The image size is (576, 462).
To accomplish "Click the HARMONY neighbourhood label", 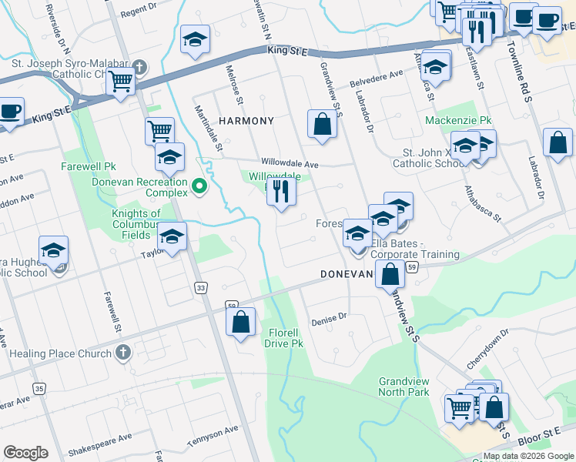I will point(246,122).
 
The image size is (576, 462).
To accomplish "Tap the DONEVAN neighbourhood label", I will point(347,274).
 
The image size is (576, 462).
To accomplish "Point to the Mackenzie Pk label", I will point(458,121).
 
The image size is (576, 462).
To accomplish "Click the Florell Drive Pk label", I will point(288,337).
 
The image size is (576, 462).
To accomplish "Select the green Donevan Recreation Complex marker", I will point(199,185).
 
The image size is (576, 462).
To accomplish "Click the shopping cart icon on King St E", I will point(120,80).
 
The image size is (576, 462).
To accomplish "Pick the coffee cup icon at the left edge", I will point(11,111).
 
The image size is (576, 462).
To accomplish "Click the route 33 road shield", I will point(201,287).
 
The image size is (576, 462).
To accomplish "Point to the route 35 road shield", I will point(39,389).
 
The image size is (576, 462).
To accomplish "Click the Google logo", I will point(26,453).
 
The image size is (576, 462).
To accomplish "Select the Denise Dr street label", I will point(330,316).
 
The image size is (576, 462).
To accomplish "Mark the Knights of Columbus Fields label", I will point(136,224).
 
